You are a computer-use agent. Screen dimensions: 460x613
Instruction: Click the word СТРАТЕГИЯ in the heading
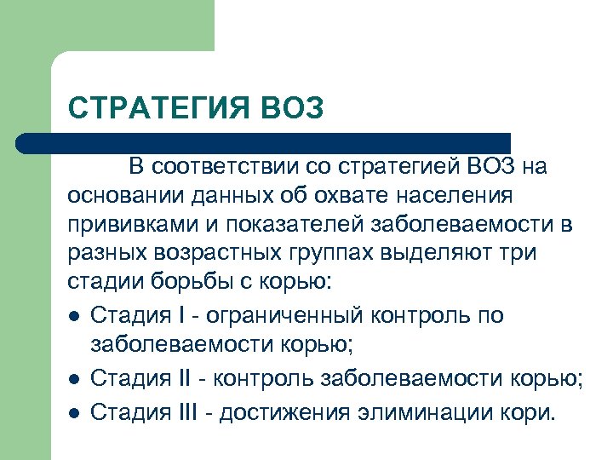click(x=153, y=110)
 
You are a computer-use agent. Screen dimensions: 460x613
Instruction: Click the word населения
click(x=454, y=197)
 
